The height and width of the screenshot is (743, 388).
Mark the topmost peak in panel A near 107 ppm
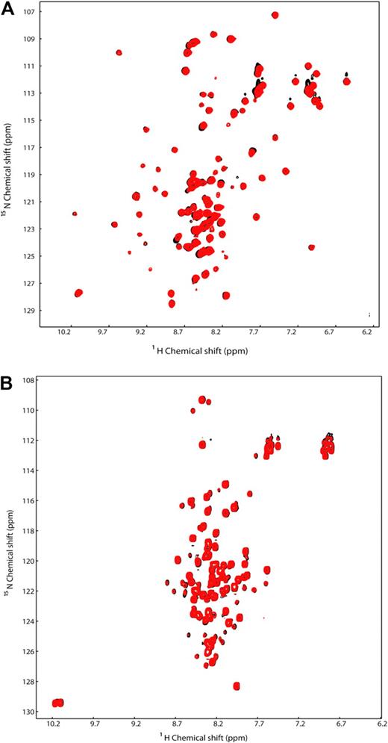point(275,15)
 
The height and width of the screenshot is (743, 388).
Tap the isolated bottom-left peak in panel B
point(57,703)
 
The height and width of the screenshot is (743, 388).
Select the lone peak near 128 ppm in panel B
point(237,686)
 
